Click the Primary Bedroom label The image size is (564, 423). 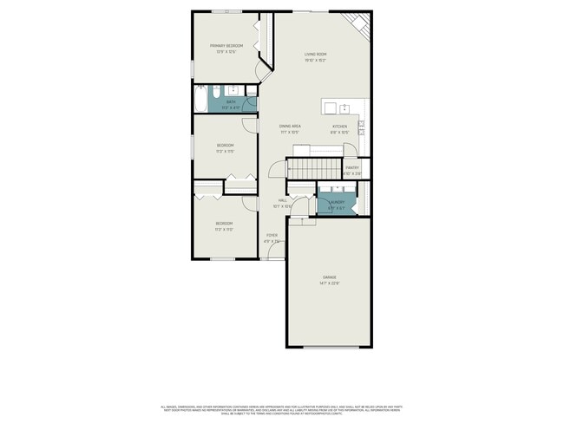click(226, 45)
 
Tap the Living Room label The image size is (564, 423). click(315, 55)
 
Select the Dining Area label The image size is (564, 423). click(290, 127)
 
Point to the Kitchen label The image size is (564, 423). click(339, 127)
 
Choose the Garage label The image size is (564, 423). click(328, 278)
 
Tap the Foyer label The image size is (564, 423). click(272, 235)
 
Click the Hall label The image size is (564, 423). click(282, 200)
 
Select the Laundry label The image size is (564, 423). click(337, 203)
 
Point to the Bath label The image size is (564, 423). click(231, 101)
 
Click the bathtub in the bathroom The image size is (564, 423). click(200, 100)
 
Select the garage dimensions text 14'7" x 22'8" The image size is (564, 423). click(328, 284)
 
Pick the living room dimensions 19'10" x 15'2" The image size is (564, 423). click(315, 61)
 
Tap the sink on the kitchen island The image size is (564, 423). click(344, 107)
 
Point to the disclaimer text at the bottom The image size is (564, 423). click(282, 408)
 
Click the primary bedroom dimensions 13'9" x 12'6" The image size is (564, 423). click(226, 51)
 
